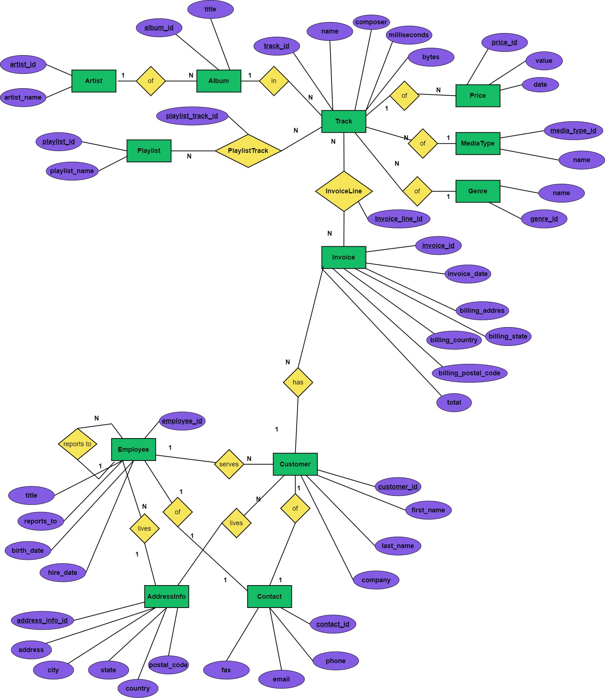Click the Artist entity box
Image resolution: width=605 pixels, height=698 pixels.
point(94,81)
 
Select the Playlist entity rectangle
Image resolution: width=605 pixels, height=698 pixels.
point(149,151)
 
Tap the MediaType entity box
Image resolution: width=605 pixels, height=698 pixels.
point(477,143)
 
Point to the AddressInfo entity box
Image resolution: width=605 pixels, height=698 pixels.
point(167,596)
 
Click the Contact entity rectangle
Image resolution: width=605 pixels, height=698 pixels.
point(269,596)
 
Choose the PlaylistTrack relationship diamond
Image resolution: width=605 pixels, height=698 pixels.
point(248,151)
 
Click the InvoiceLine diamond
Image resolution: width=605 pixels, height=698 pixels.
point(344,191)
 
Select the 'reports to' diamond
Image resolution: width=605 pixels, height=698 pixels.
point(77,444)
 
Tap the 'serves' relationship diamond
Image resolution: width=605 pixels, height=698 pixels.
point(229,464)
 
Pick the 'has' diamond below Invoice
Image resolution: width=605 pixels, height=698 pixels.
point(298,382)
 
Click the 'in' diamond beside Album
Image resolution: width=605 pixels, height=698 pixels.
point(274,81)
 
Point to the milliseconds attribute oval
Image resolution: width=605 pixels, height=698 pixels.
point(409,35)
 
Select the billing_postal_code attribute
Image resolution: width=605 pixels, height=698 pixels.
point(469,373)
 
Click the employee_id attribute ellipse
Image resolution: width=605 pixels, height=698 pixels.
point(182,421)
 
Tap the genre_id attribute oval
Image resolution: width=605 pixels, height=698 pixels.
point(544,219)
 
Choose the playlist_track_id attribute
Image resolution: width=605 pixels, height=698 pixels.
point(192,116)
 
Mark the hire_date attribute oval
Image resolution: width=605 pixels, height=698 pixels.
point(62,572)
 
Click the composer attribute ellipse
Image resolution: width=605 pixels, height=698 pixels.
point(371,22)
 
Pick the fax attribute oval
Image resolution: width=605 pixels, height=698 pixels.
point(226,670)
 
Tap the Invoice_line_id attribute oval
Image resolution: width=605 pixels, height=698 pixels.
point(399,219)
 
